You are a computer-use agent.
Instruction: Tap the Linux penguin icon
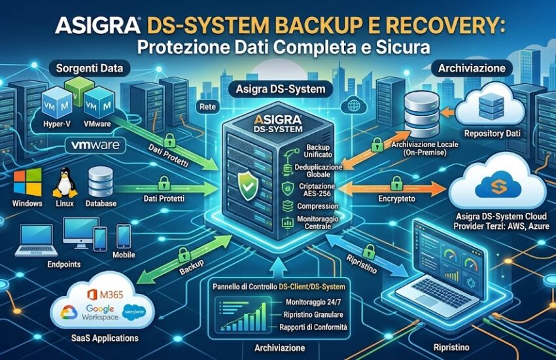(x=64, y=182)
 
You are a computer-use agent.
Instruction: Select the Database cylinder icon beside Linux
(x=101, y=183)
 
